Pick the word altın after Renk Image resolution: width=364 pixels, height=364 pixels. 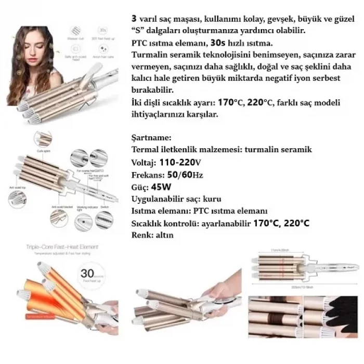(164, 235)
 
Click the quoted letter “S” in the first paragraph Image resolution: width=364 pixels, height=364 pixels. (139, 31)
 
